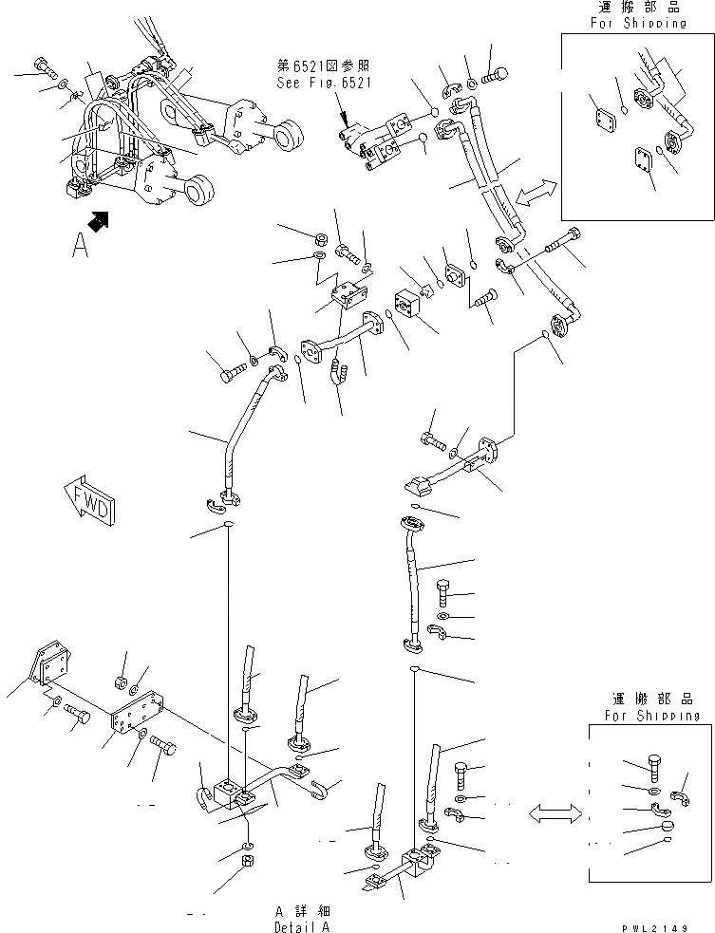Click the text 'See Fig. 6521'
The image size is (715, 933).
click(x=324, y=83)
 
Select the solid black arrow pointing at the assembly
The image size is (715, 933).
click(x=97, y=222)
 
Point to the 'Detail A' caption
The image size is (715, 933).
click(x=303, y=926)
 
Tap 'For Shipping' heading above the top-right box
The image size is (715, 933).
click(x=635, y=23)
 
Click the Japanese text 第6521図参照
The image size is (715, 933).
click(x=324, y=66)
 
